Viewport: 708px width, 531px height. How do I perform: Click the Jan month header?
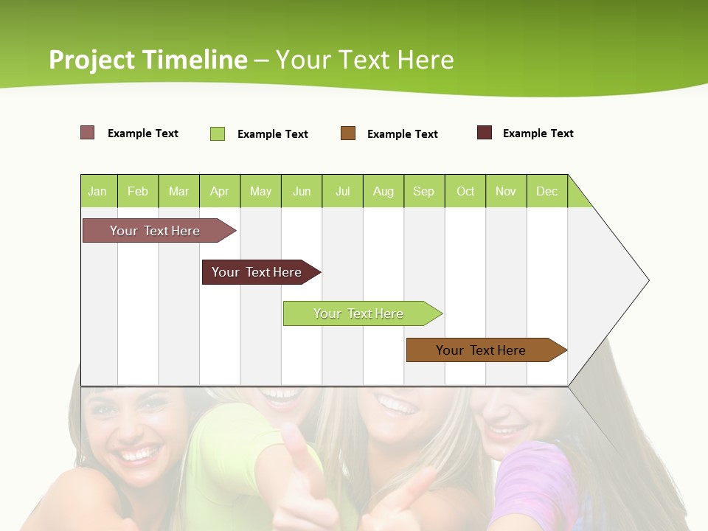click(98, 191)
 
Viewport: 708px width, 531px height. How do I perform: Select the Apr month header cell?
click(219, 191)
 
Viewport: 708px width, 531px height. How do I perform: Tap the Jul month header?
click(342, 191)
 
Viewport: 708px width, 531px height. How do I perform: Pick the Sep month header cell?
click(423, 191)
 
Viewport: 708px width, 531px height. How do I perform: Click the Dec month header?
click(546, 191)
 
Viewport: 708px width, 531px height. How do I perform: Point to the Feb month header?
click(138, 191)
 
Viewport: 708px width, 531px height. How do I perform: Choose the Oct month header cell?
click(465, 191)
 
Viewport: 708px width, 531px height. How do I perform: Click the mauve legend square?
click(88, 133)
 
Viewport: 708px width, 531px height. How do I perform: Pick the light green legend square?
click(218, 133)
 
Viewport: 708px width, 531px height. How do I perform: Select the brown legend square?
click(348, 133)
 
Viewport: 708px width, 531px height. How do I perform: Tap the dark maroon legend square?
click(485, 133)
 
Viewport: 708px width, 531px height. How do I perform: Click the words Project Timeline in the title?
click(147, 60)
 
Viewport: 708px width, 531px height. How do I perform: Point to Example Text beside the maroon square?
click(538, 133)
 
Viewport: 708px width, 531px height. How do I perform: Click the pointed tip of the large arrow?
click(646, 280)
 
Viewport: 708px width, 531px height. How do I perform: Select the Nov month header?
click(506, 191)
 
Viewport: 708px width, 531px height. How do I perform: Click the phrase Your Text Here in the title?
click(365, 60)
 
